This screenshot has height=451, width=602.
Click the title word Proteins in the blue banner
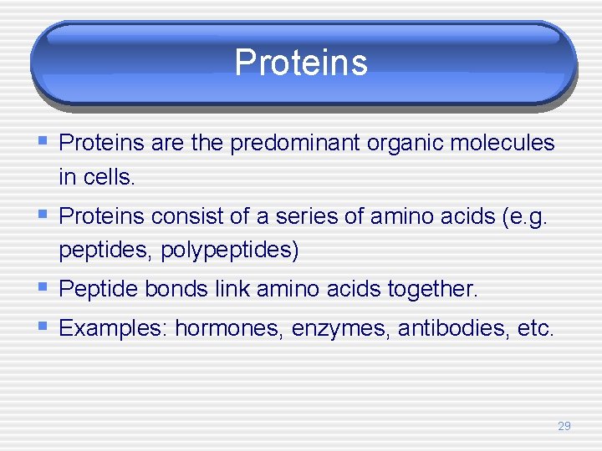(301, 63)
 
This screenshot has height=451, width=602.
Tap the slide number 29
(564, 426)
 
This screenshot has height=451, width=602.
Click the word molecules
(503, 144)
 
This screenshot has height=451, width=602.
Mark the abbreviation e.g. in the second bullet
(532, 216)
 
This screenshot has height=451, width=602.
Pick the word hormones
(229, 328)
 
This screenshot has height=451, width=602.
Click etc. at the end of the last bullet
(536, 328)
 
